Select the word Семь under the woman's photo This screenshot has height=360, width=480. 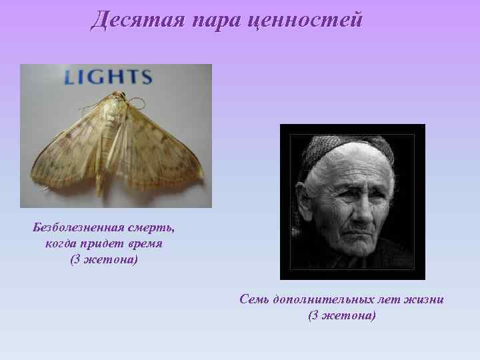pyautogui.click(x=255, y=300)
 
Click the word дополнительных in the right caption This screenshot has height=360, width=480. pyautogui.click(x=327, y=300)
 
